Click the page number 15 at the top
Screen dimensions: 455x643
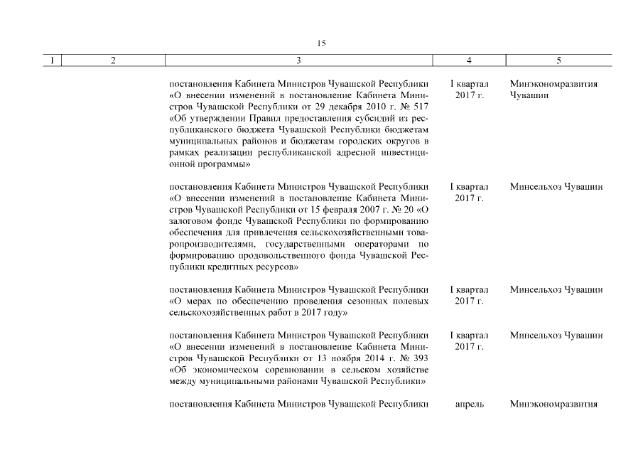[x=321, y=43]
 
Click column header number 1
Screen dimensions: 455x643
[x=51, y=61]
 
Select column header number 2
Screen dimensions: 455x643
[x=114, y=61]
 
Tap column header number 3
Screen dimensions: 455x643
[x=298, y=61]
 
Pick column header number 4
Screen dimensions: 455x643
[x=469, y=61]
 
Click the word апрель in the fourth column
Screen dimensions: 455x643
[x=469, y=405]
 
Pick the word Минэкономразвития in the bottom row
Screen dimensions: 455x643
[x=553, y=405]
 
